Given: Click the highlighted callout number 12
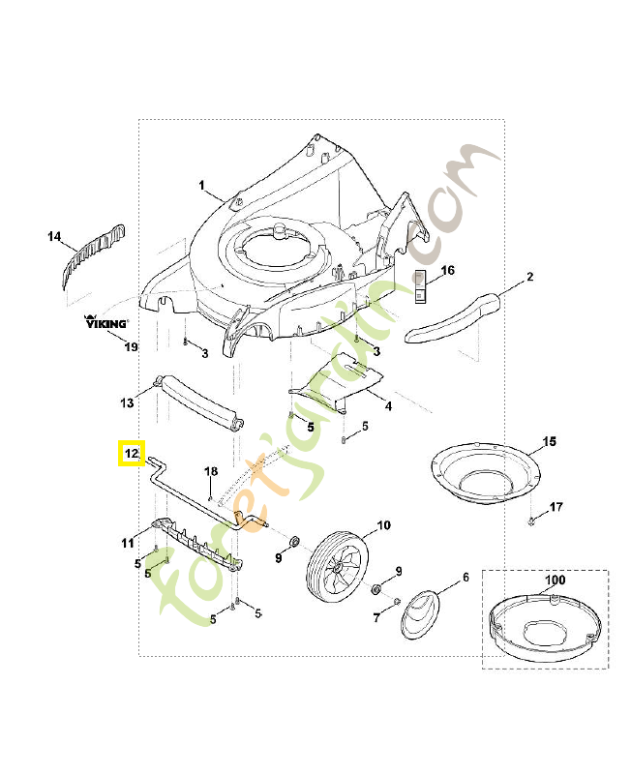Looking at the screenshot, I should (131, 453).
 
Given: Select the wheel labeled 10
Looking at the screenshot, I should (338, 568).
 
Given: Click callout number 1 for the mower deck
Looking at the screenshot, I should (202, 185).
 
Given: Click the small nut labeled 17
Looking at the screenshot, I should (533, 522).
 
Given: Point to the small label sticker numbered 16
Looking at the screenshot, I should (421, 286).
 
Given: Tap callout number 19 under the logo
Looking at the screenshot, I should (131, 346).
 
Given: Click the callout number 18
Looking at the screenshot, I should (211, 471).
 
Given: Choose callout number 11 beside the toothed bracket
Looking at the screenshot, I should (128, 544).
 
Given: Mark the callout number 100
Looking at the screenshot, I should (554, 580).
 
